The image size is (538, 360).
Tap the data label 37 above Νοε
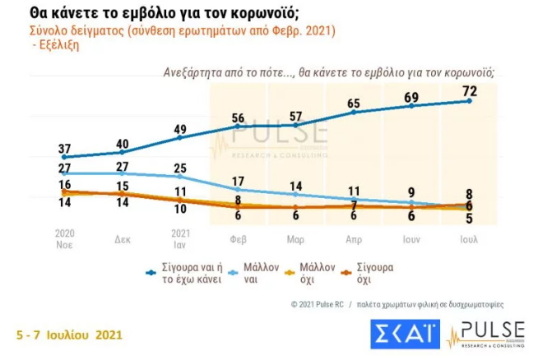point(63,146)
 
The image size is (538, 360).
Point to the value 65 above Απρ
point(354,103)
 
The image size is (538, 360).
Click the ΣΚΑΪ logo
point(404,334)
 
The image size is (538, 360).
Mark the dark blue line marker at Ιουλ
point(469,100)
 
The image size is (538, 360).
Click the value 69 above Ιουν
point(411,97)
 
